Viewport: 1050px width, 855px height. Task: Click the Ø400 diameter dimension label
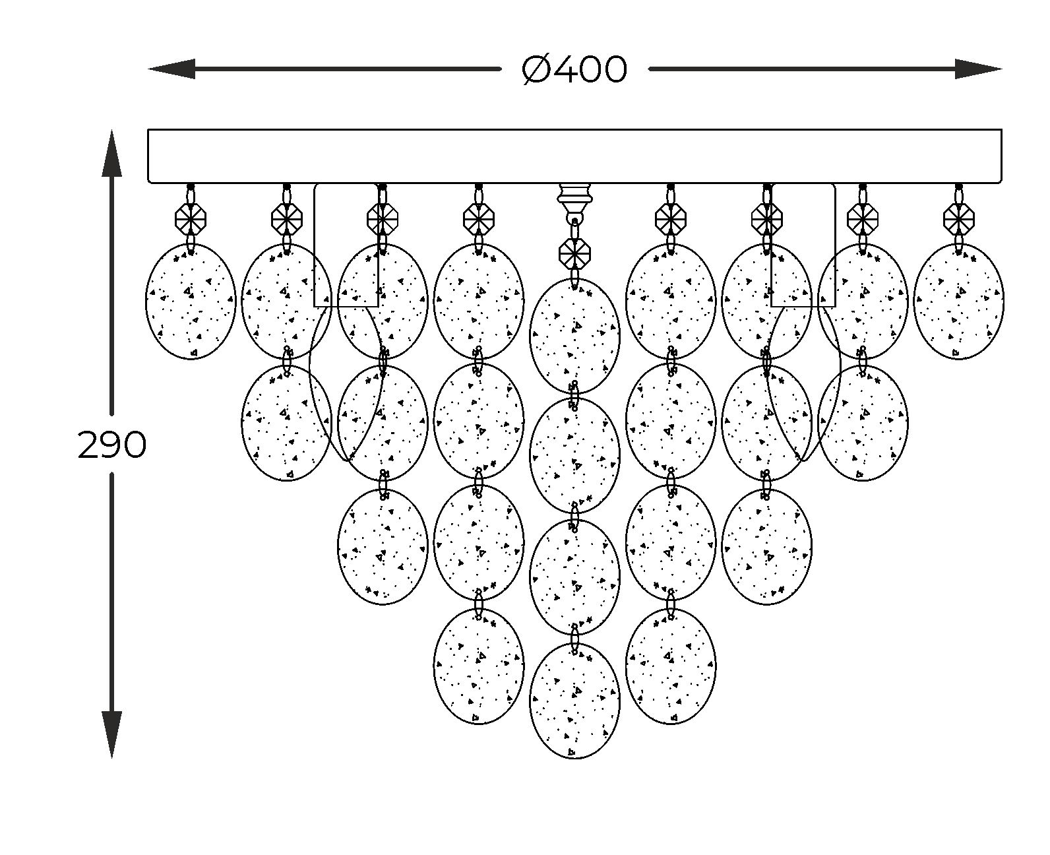(x=574, y=69)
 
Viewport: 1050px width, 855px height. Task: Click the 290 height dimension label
(x=111, y=445)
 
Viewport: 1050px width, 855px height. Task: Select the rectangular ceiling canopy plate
(x=574, y=156)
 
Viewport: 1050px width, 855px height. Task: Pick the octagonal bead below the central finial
(x=574, y=252)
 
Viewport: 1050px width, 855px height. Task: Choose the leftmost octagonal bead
(x=191, y=218)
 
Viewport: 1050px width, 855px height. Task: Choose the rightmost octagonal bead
(x=958, y=218)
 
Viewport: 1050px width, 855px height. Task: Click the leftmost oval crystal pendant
(x=191, y=301)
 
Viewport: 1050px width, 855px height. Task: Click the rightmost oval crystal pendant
(x=958, y=301)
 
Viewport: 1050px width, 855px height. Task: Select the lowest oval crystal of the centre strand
(x=574, y=701)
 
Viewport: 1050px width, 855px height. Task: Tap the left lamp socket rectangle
(x=346, y=245)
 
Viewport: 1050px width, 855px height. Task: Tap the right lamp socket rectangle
(x=803, y=245)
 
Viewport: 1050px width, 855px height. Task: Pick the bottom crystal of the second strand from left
(x=287, y=423)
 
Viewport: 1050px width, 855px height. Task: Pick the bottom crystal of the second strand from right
(x=862, y=423)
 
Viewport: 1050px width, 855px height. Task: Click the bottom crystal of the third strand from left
(x=383, y=546)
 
